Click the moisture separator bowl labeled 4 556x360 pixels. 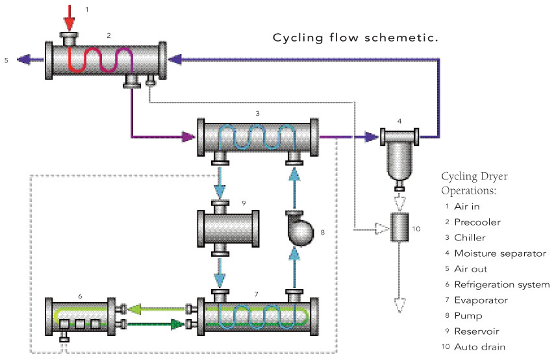coord(398,162)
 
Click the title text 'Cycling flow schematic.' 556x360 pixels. coord(355,38)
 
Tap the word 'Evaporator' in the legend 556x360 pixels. coord(480,300)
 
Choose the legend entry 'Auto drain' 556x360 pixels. coord(479,347)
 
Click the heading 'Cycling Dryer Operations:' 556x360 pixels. coord(474,184)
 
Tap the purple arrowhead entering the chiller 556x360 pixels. coord(189,137)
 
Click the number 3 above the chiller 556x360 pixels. coord(258,112)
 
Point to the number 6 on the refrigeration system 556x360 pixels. coord(80,296)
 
